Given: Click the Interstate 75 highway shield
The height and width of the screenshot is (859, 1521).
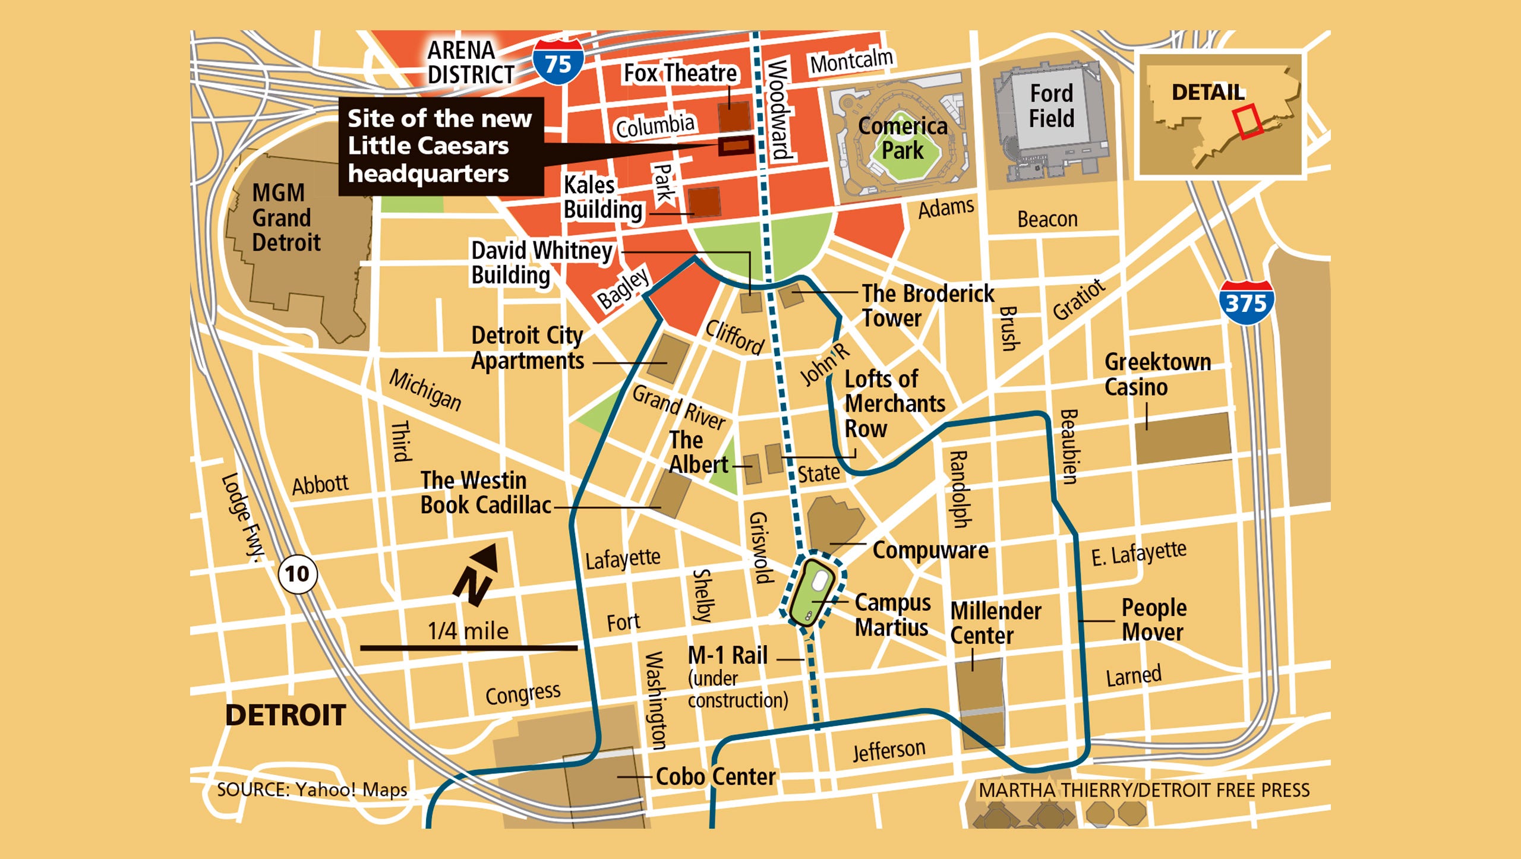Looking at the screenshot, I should pyautogui.click(x=557, y=62).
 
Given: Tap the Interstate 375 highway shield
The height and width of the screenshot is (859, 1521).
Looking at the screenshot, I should pyautogui.click(x=1246, y=302).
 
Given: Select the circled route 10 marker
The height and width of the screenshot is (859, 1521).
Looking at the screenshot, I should pyautogui.click(x=297, y=574).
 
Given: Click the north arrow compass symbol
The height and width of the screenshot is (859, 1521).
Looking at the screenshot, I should pyautogui.click(x=477, y=574).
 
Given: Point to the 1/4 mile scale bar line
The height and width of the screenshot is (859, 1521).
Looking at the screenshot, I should pyautogui.click(x=468, y=648).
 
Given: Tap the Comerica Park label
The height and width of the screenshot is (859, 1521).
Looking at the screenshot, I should pyautogui.click(x=902, y=138).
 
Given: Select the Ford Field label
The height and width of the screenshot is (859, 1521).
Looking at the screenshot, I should pyautogui.click(x=1051, y=106).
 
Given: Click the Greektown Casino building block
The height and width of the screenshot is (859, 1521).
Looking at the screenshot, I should pyautogui.click(x=1182, y=438).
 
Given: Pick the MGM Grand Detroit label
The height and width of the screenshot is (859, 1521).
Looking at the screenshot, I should pyautogui.click(x=285, y=217).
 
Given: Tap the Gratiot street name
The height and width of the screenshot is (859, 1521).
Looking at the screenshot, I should pyautogui.click(x=1078, y=299).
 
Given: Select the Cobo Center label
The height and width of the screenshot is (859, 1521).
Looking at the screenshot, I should pyautogui.click(x=715, y=776).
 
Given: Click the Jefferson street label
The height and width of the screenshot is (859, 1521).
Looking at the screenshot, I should pyautogui.click(x=889, y=750).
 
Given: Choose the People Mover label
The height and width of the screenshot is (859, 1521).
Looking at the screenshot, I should pyautogui.click(x=1153, y=620).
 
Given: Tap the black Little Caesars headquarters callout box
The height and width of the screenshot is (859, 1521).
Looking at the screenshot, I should pyautogui.click(x=440, y=146).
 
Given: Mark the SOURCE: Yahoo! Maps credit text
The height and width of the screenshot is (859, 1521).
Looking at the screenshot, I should pyautogui.click(x=312, y=789).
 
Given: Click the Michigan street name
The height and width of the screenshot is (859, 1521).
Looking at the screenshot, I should pyautogui.click(x=425, y=390).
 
